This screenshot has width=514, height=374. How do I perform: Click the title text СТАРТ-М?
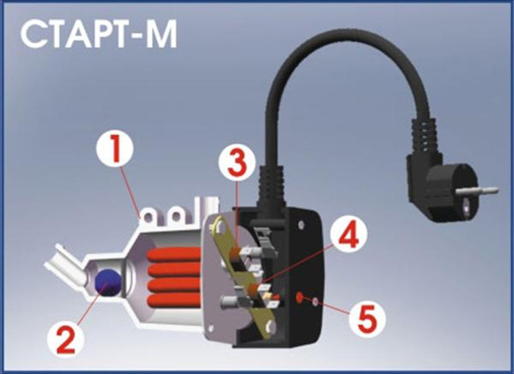98,34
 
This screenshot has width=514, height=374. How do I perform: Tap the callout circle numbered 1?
115,151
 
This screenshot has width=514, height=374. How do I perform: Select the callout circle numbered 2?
66,338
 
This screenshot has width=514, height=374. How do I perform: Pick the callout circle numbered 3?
236,163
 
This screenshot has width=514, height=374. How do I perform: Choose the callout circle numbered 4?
348,234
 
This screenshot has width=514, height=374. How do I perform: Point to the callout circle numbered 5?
367,318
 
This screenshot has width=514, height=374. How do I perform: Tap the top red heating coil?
174,254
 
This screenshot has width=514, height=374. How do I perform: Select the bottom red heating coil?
175,301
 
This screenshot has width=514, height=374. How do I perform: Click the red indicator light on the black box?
300,298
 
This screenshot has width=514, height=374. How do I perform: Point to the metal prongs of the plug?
481,191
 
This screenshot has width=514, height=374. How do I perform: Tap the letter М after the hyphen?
161,34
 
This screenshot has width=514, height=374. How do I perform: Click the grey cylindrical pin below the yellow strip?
232,301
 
